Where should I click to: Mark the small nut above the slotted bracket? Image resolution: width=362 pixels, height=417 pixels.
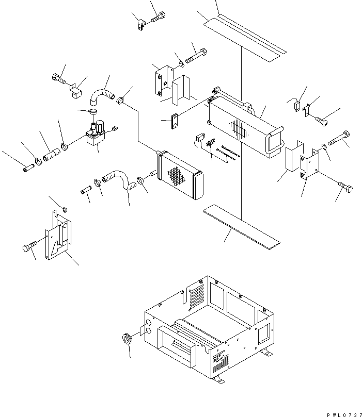[66, 209]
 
